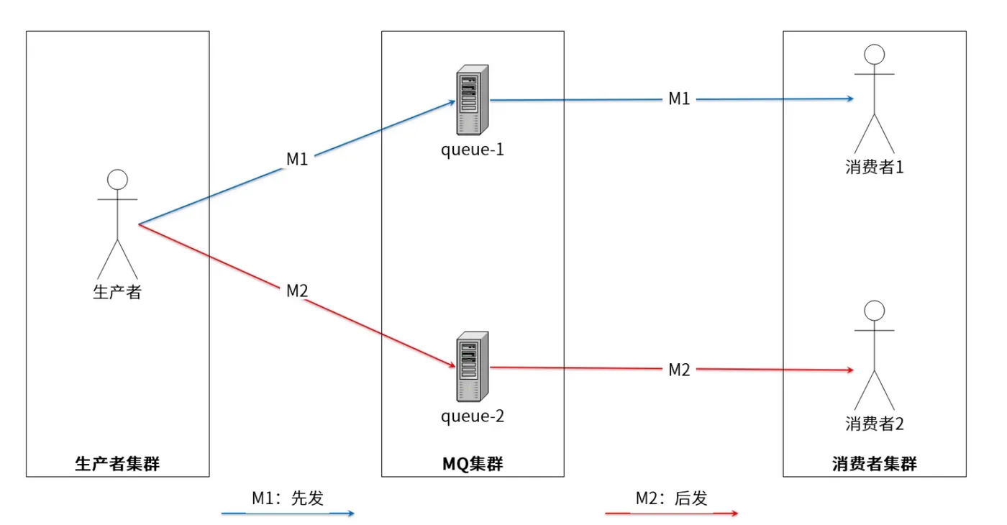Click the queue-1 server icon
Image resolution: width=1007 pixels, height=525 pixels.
click(x=473, y=100)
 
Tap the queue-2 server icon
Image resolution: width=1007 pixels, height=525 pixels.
click(x=473, y=367)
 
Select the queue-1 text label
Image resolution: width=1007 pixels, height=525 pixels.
click(x=473, y=150)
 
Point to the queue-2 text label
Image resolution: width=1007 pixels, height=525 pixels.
click(x=473, y=416)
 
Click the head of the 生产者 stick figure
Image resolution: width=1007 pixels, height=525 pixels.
click(x=117, y=180)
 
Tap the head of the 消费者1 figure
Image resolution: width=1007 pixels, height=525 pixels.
click(x=875, y=55)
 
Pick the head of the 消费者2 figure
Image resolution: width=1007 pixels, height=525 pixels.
click(x=875, y=311)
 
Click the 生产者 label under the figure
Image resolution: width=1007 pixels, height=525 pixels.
click(x=117, y=292)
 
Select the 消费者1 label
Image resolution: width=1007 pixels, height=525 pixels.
click(x=875, y=167)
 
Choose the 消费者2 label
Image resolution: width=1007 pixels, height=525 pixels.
click(x=875, y=424)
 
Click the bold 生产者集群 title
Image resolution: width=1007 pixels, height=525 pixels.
click(x=117, y=464)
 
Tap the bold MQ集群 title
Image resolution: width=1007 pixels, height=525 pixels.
click(x=473, y=464)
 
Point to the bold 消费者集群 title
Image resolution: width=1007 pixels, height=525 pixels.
click(x=875, y=464)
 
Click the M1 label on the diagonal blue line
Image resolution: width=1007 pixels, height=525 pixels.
click(x=297, y=159)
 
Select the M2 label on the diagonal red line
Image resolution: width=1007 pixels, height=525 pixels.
click(x=297, y=291)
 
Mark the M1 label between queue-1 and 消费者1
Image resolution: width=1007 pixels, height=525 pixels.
click(x=679, y=99)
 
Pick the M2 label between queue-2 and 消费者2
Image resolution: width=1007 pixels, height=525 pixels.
click(x=679, y=370)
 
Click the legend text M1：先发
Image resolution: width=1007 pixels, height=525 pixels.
click(x=288, y=498)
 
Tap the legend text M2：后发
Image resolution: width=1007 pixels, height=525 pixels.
click(x=672, y=498)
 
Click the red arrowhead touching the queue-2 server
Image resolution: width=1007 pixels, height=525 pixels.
click(x=452, y=365)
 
